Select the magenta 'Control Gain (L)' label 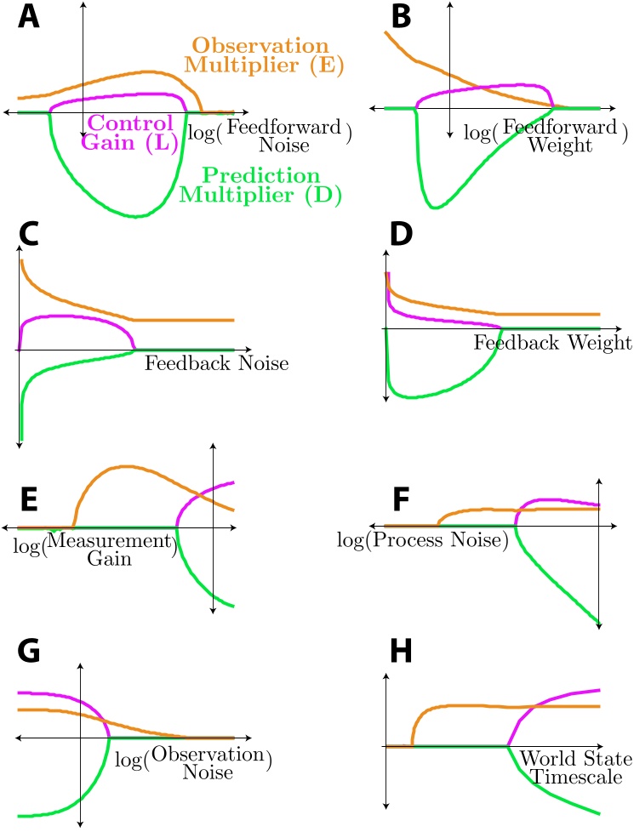tap(130, 132)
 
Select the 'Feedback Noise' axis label tap(216, 364)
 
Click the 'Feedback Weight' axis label tap(552, 343)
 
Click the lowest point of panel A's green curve tap(140, 216)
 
